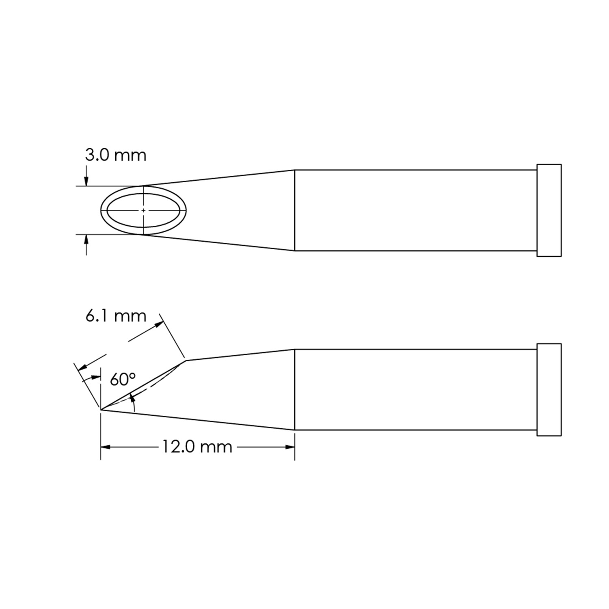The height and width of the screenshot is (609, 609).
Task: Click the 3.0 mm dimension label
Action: [x=115, y=155]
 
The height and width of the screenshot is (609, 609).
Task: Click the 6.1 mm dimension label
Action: [x=115, y=315]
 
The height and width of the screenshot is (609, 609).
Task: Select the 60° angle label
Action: [x=122, y=380]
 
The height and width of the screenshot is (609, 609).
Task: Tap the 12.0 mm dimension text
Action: [x=197, y=447]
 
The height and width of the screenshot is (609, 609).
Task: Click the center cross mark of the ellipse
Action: [x=143, y=210]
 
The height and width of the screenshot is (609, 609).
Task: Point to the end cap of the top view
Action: [x=549, y=210]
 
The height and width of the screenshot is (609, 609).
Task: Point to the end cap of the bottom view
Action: [x=549, y=390]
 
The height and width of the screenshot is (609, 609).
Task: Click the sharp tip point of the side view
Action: [x=101, y=410]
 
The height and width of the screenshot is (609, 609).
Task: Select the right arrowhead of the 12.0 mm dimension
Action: [x=290, y=447]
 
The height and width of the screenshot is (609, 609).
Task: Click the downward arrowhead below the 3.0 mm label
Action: [x=86, y=181]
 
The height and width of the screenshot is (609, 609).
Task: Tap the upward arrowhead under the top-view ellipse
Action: [x=86, y=240]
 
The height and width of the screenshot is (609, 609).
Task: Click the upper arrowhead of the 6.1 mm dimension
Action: [x=159, y=324]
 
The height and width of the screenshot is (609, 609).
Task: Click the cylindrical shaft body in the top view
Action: [x=414, y=210]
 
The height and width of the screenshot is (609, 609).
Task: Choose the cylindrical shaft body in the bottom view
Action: [x=414, y=390]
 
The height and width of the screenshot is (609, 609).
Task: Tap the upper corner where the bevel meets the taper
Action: [x=186, y=360]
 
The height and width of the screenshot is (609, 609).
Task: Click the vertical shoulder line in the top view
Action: [x=294, y=210]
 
